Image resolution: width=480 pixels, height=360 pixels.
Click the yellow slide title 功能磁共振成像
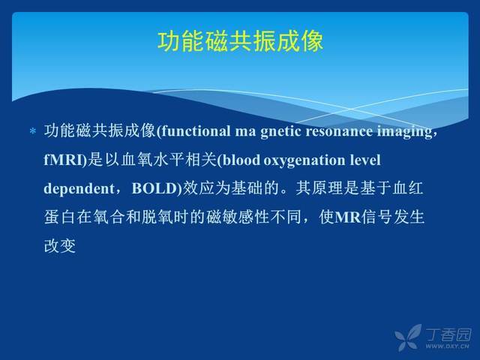click(x=240, y=41)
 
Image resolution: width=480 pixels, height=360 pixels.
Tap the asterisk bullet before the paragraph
click(x=33, y=132)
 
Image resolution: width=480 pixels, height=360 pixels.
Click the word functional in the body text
click(x=196, y=131)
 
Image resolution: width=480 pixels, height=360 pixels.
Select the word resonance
click(x=339, y=132)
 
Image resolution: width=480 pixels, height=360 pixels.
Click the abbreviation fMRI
click(x=63, y=160)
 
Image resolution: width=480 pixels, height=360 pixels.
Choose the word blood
click(x=241, y=160)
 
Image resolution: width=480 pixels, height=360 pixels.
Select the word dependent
click(x=79, y=189)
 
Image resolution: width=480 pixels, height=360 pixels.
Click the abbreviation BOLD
click(x=154, y=188)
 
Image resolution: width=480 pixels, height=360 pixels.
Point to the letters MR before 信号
click(x=348, y=217)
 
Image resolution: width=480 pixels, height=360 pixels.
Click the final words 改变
click(x=60, y=245)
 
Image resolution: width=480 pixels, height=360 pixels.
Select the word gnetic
click(x=281, y=132)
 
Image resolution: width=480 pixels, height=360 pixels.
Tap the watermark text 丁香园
click(x=448, y=334)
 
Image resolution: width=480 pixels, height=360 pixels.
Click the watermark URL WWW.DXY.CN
click(x=447, y=346)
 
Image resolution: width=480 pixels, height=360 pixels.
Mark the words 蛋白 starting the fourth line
click(x=59, y=217)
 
